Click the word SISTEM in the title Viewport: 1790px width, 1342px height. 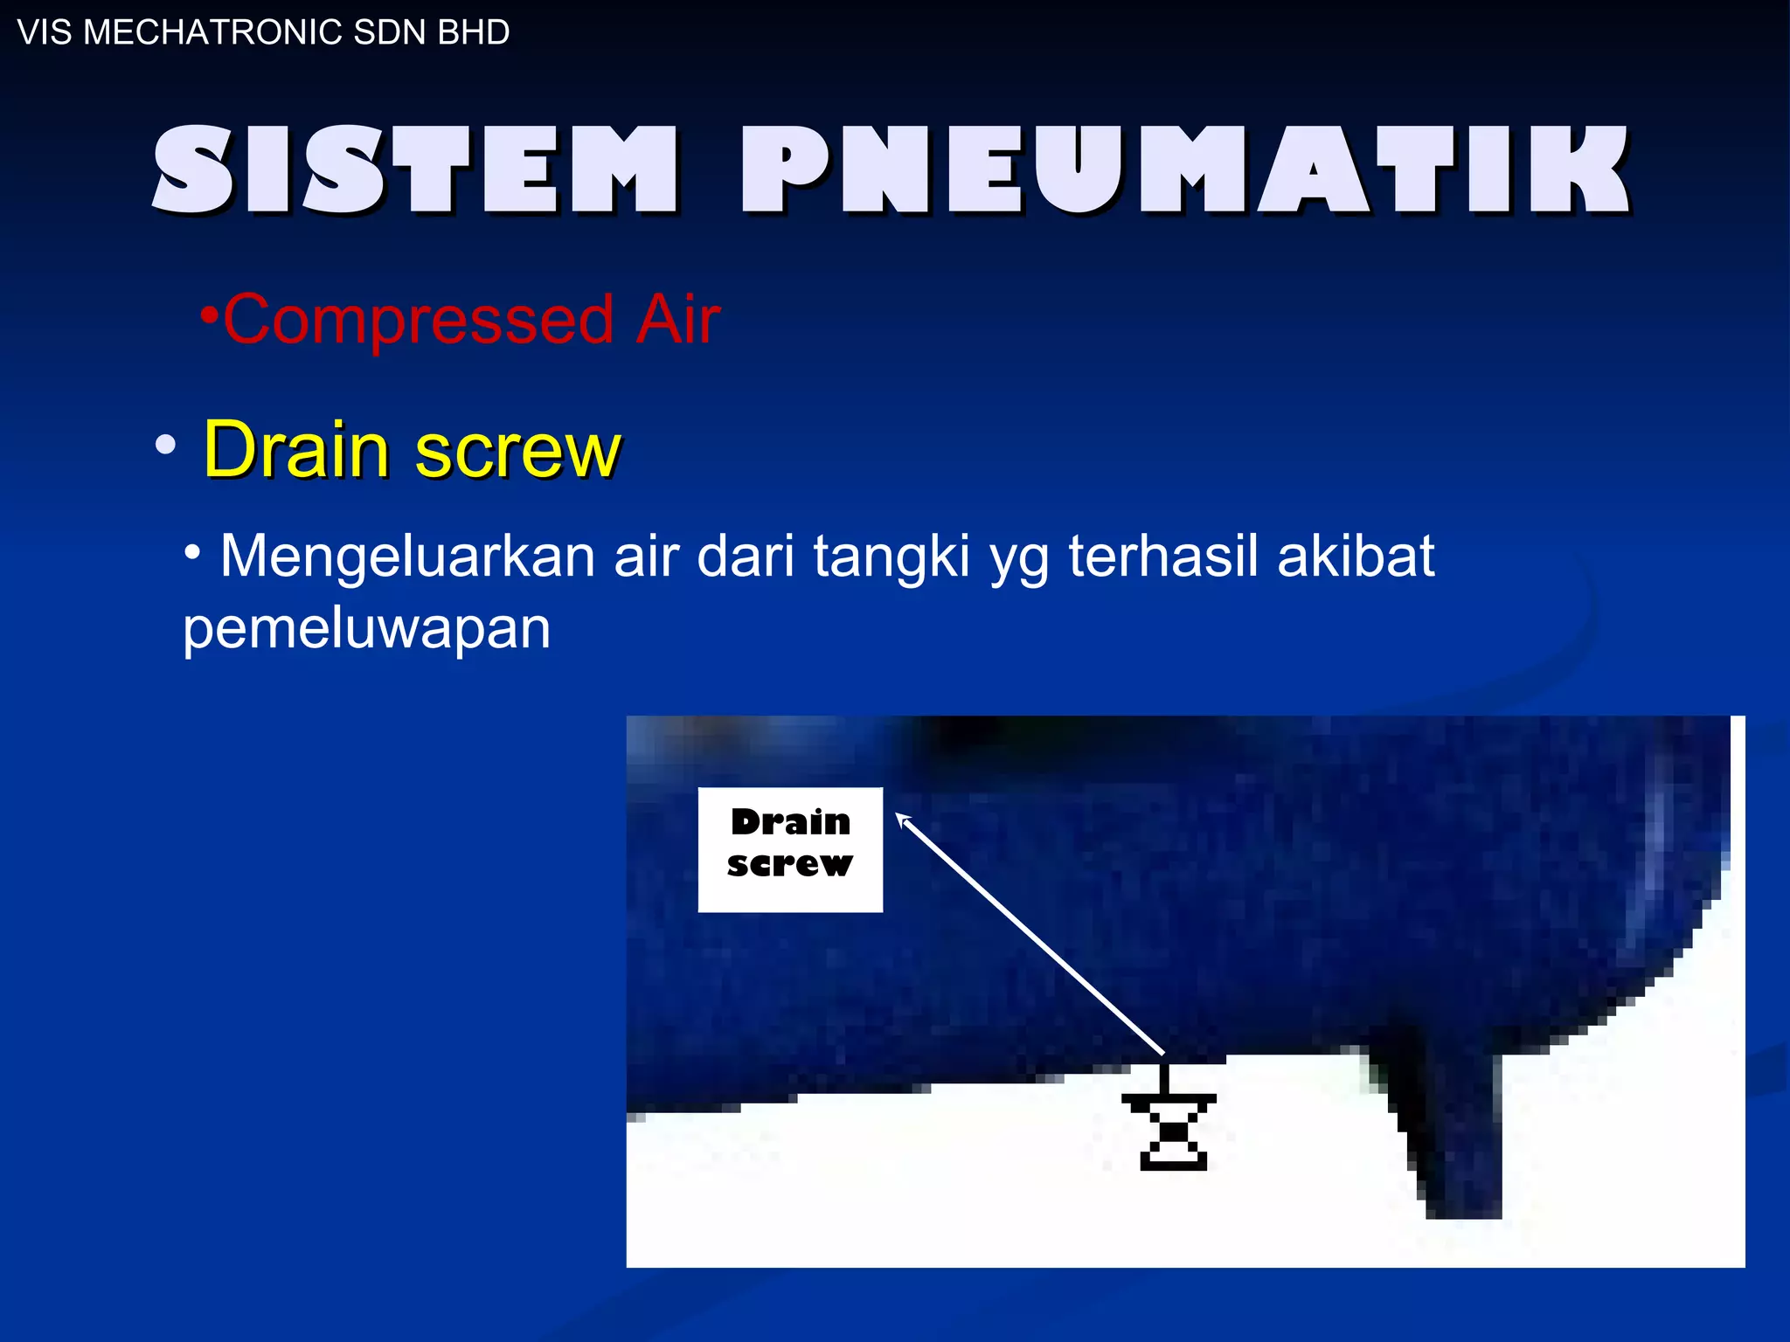415,169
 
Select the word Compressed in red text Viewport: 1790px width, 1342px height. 419,320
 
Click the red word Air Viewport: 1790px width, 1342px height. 677,320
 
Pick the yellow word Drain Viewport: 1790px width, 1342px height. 296,449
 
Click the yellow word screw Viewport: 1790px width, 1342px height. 517,451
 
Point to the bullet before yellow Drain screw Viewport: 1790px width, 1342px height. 165,446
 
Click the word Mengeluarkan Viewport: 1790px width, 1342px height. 407,556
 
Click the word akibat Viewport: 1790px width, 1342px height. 1356,556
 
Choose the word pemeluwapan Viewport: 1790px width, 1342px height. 366,629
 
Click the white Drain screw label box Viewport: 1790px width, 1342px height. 790,849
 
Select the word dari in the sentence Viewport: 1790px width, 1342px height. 746,556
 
